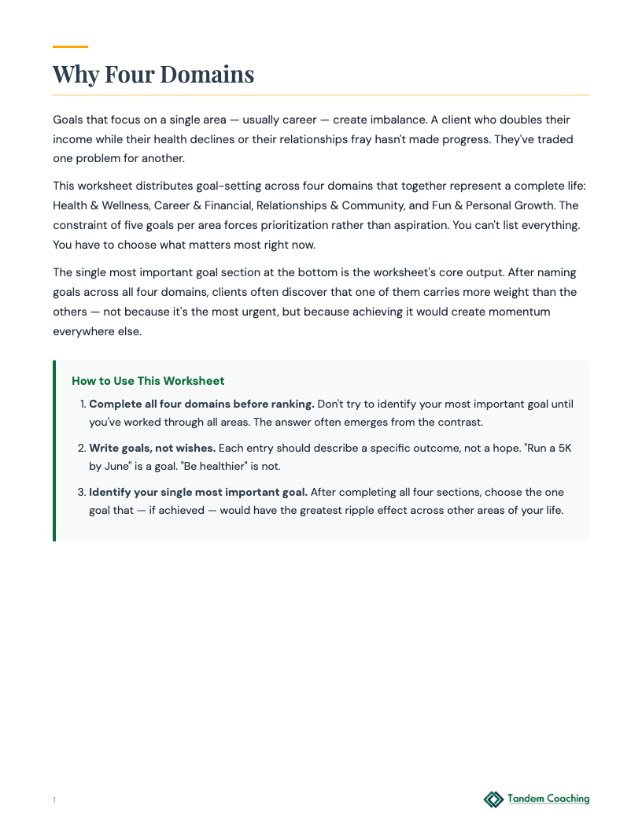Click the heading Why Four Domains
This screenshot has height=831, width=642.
coord(153,74)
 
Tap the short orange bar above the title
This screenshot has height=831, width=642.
coord(70,46)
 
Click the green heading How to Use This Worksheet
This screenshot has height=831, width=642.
coord(148,381)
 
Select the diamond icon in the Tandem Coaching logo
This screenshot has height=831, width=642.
coord(493,800)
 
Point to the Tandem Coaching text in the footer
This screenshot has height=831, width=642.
coord(548,799)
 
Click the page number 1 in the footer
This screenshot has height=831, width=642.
coord(54,800)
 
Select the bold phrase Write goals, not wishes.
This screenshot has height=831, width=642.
coord(152,448)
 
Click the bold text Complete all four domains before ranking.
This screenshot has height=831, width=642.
coord(201,404)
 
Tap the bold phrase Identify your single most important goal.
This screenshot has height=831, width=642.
coord(198,492)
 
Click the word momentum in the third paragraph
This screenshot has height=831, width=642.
coord(515,312)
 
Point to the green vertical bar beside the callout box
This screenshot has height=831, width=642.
coord(54,451)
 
